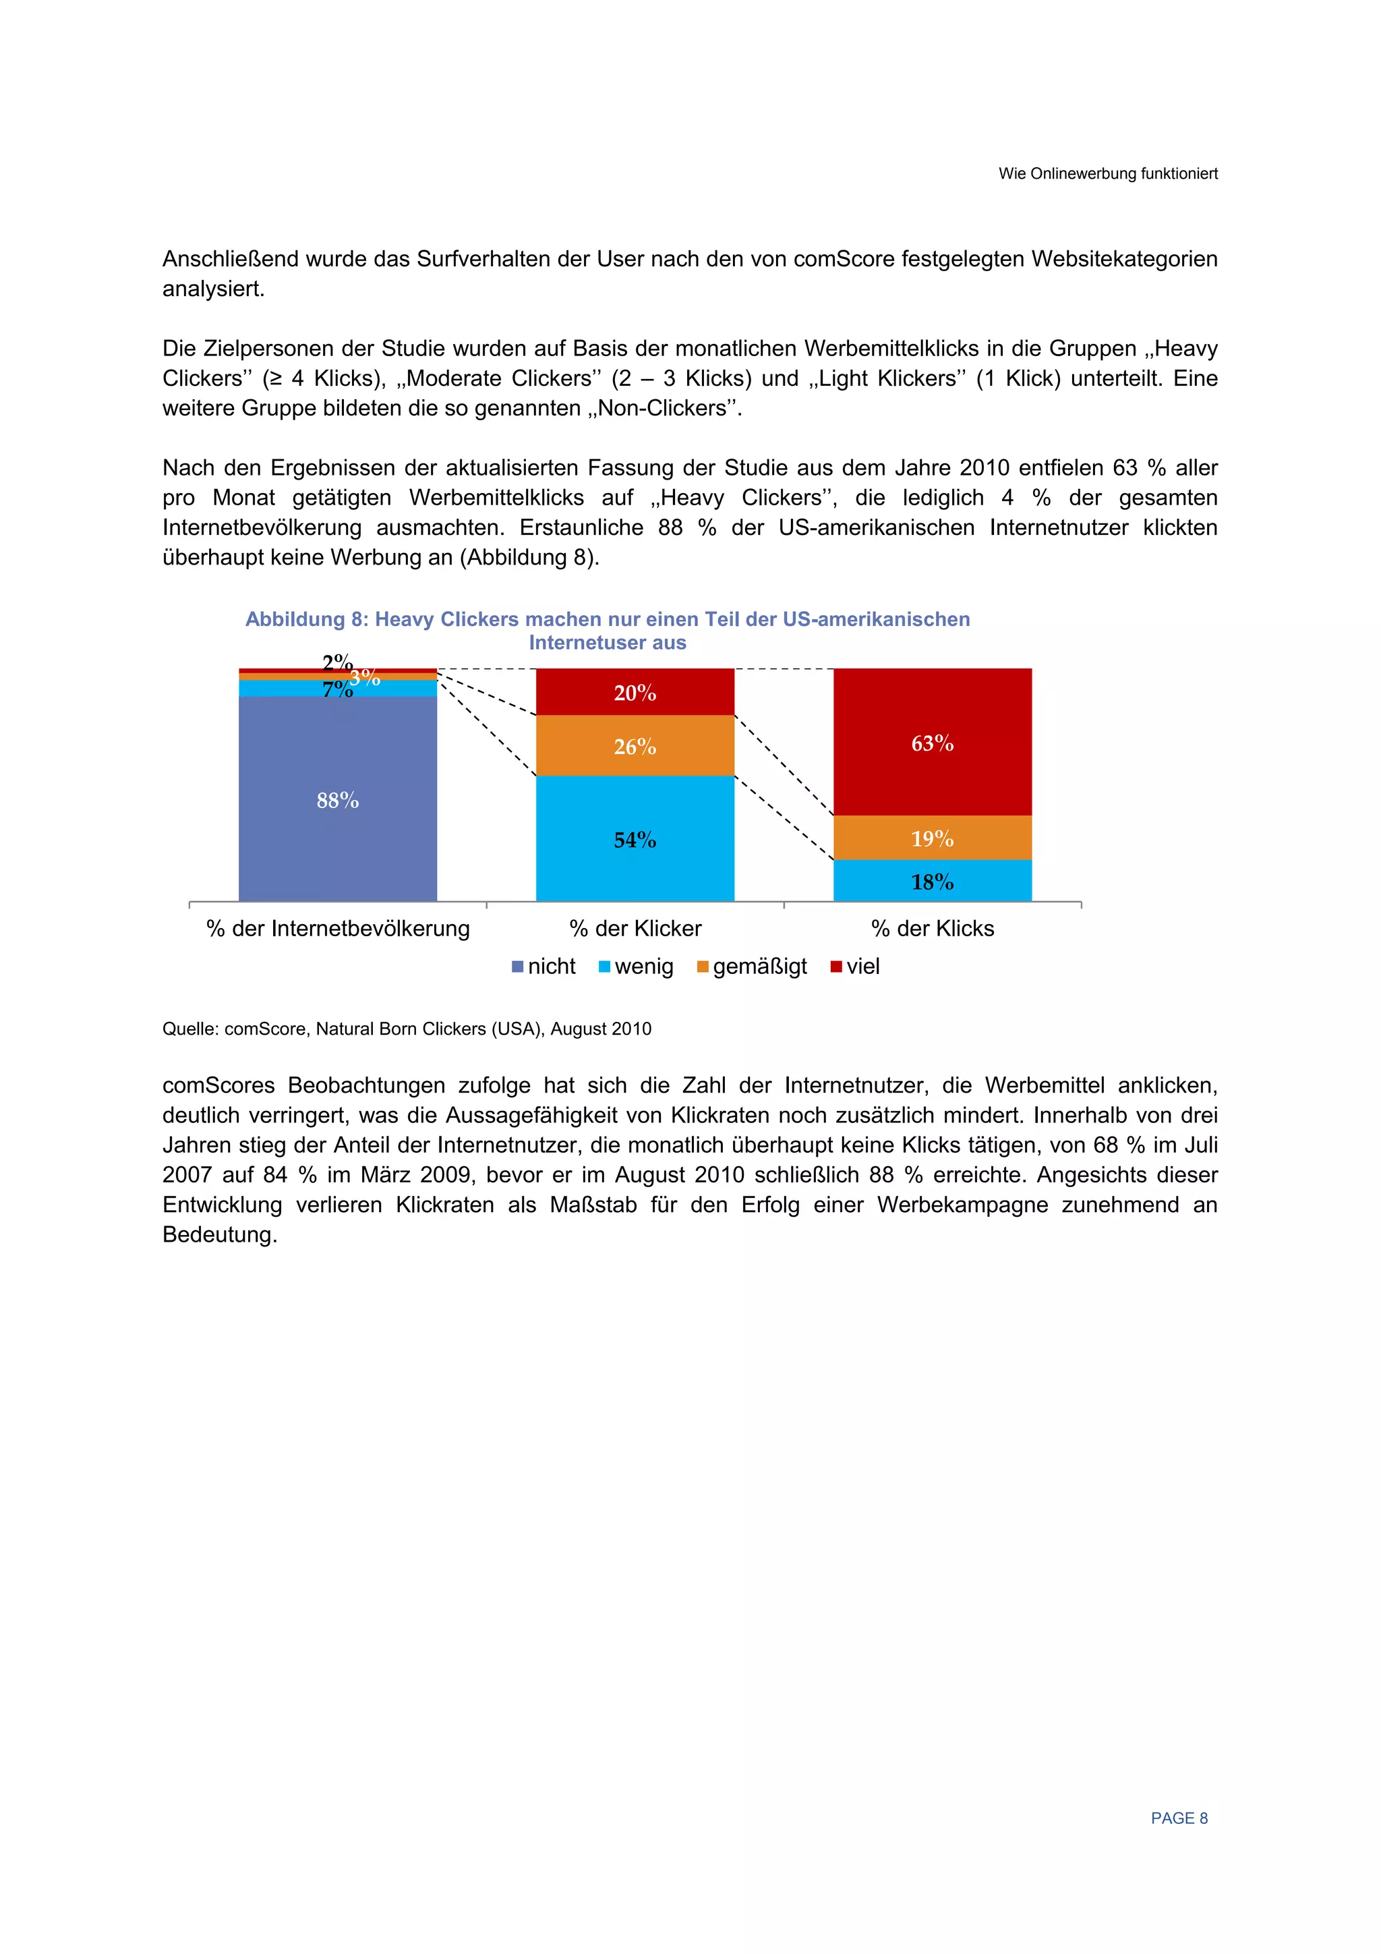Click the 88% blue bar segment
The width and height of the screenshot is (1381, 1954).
tap(337, 799)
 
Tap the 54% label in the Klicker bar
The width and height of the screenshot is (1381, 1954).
tap(635, 840)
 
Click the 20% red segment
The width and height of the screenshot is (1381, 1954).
tap(635, 692)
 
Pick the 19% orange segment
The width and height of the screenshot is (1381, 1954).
tap(932, 838)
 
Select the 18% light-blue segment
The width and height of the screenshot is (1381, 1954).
tap(932, 882)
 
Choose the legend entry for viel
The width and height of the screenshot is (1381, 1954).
tap(855, 967)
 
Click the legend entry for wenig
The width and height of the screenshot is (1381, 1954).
tap(637, 967)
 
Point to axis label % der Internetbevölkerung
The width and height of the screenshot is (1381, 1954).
tap(338, 929)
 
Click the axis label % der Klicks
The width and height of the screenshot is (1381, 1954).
tap(933, 929)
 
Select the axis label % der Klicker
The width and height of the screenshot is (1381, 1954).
tap(635, 929)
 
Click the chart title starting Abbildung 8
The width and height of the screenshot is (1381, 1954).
tap(607, 631)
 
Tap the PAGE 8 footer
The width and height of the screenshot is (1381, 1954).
tap(1179, 1818)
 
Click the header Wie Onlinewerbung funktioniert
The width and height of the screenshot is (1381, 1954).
tap(1108, 173)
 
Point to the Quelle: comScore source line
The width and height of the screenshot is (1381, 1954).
tap(407, 1029)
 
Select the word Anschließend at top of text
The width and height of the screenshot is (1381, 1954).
tap(230, 259)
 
